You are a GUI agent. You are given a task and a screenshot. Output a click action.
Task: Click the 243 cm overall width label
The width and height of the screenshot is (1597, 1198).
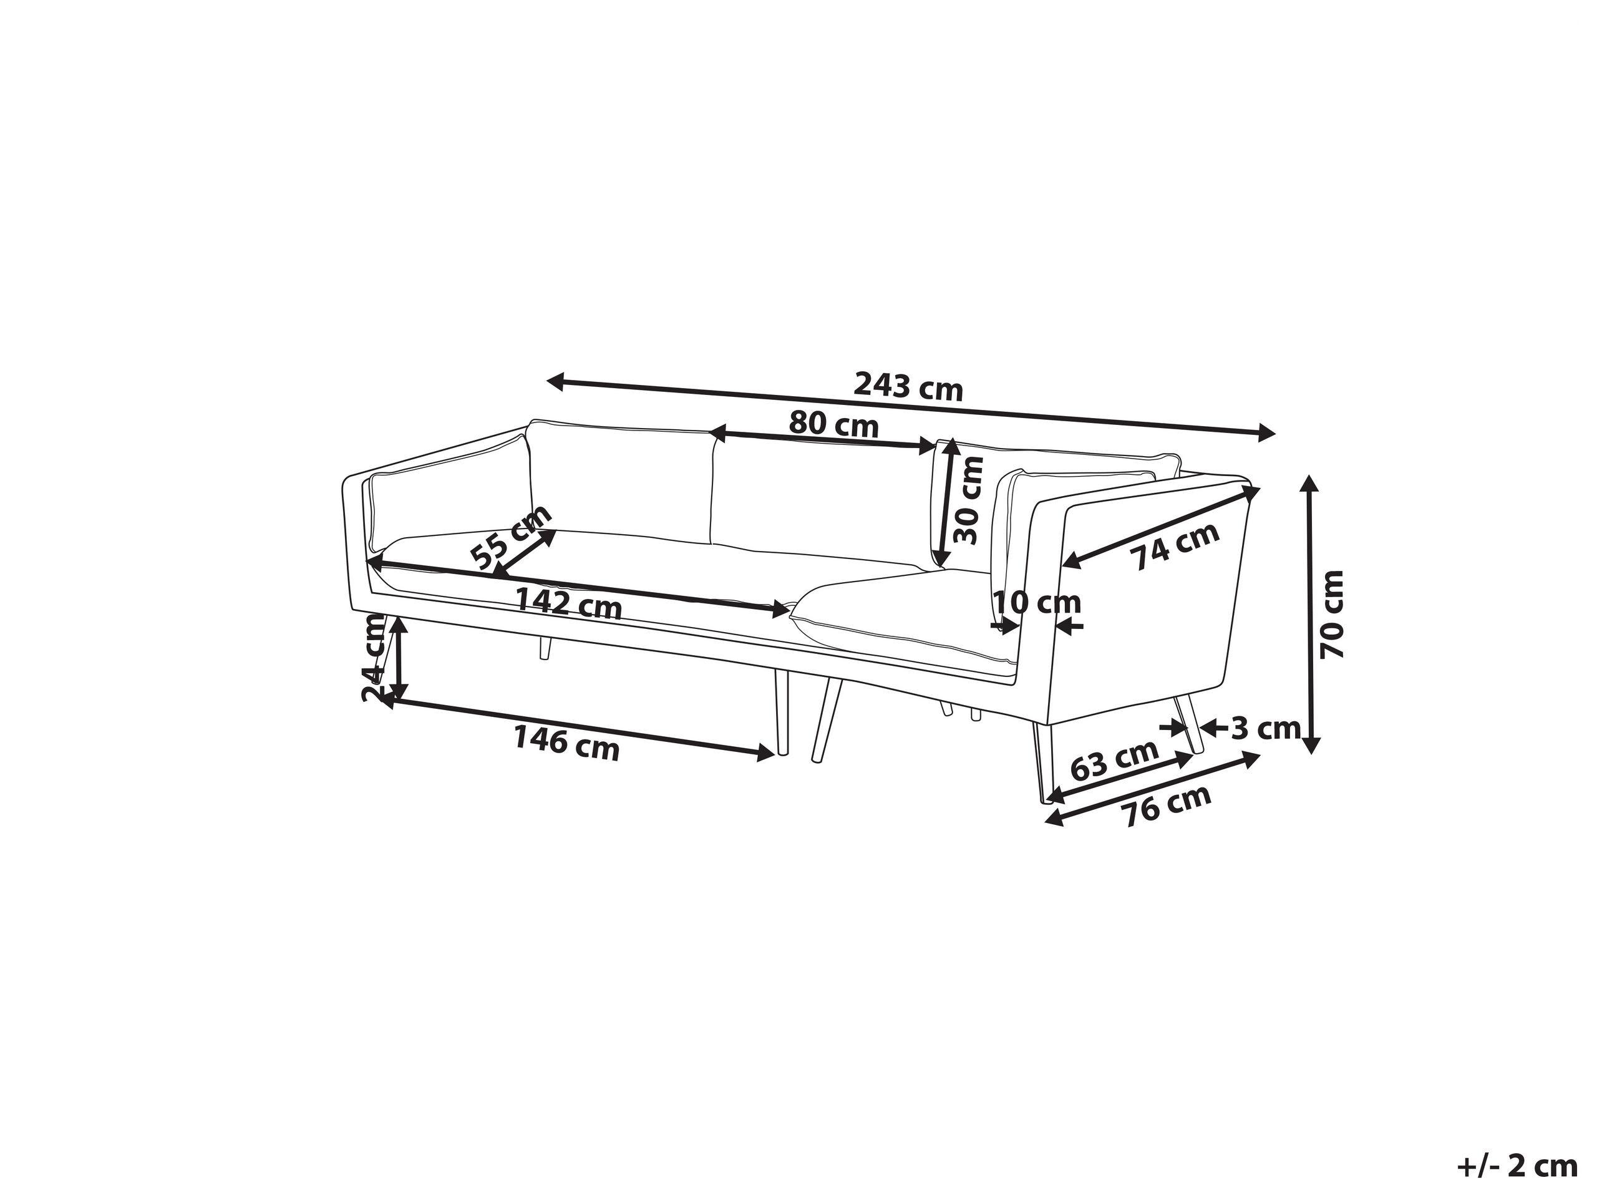point(908,387)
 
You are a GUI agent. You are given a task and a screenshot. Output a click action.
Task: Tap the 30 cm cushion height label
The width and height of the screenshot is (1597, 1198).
point(968,500)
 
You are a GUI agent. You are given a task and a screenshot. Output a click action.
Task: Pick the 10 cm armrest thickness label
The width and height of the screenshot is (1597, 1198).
point(1036,601)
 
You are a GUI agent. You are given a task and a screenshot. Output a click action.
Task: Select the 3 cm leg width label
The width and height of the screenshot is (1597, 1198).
point(1265,729)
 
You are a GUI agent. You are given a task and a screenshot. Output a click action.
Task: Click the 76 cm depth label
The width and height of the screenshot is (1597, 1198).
point(1165,804)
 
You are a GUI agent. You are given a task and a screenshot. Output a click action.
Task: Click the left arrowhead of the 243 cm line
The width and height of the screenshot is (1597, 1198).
point(555,381)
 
